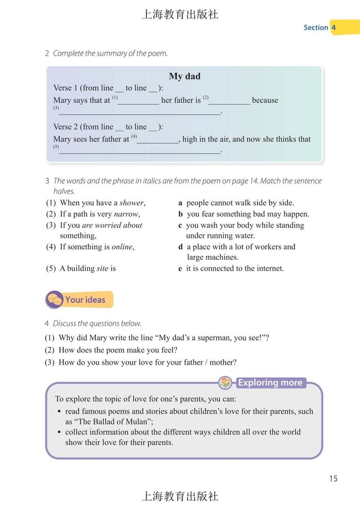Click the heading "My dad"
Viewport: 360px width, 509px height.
click(x=184, y=76)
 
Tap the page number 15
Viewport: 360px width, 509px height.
click(x=333, y=479)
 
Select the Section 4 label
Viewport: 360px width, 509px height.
click(x=320, y=28)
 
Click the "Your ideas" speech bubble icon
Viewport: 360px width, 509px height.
click(x=54, y=300)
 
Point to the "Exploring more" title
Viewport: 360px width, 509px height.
click(x=270, y=383)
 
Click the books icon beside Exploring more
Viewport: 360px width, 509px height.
click(x=225, y=383)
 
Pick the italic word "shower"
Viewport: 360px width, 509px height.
click(x=132, y=203)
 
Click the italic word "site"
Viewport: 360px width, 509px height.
click(x=102, y=268)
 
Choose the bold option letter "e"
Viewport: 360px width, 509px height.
click(x=180, y=268)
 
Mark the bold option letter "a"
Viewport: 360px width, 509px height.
click(x=180, y=203)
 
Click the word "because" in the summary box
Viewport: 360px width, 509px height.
click(x=265, y=100)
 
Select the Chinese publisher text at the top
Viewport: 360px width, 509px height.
click(x=180, y=14)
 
